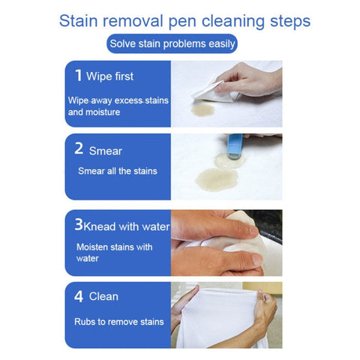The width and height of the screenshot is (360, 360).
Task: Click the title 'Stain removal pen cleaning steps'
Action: pos(180,19)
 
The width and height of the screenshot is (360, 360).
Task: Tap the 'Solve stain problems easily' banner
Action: pos(172,43)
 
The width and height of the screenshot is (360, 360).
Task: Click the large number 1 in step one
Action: pos(79,75)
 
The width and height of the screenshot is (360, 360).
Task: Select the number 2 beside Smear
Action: pos(79,149)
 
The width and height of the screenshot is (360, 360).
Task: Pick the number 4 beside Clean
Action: pos(79,296)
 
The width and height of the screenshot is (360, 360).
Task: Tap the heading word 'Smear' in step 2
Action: pos(105,151)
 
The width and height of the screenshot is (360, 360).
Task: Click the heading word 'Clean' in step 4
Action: pos(103,297)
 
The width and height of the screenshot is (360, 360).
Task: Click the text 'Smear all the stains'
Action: pos(118,171)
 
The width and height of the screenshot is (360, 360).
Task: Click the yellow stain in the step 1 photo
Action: pos(202,109)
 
